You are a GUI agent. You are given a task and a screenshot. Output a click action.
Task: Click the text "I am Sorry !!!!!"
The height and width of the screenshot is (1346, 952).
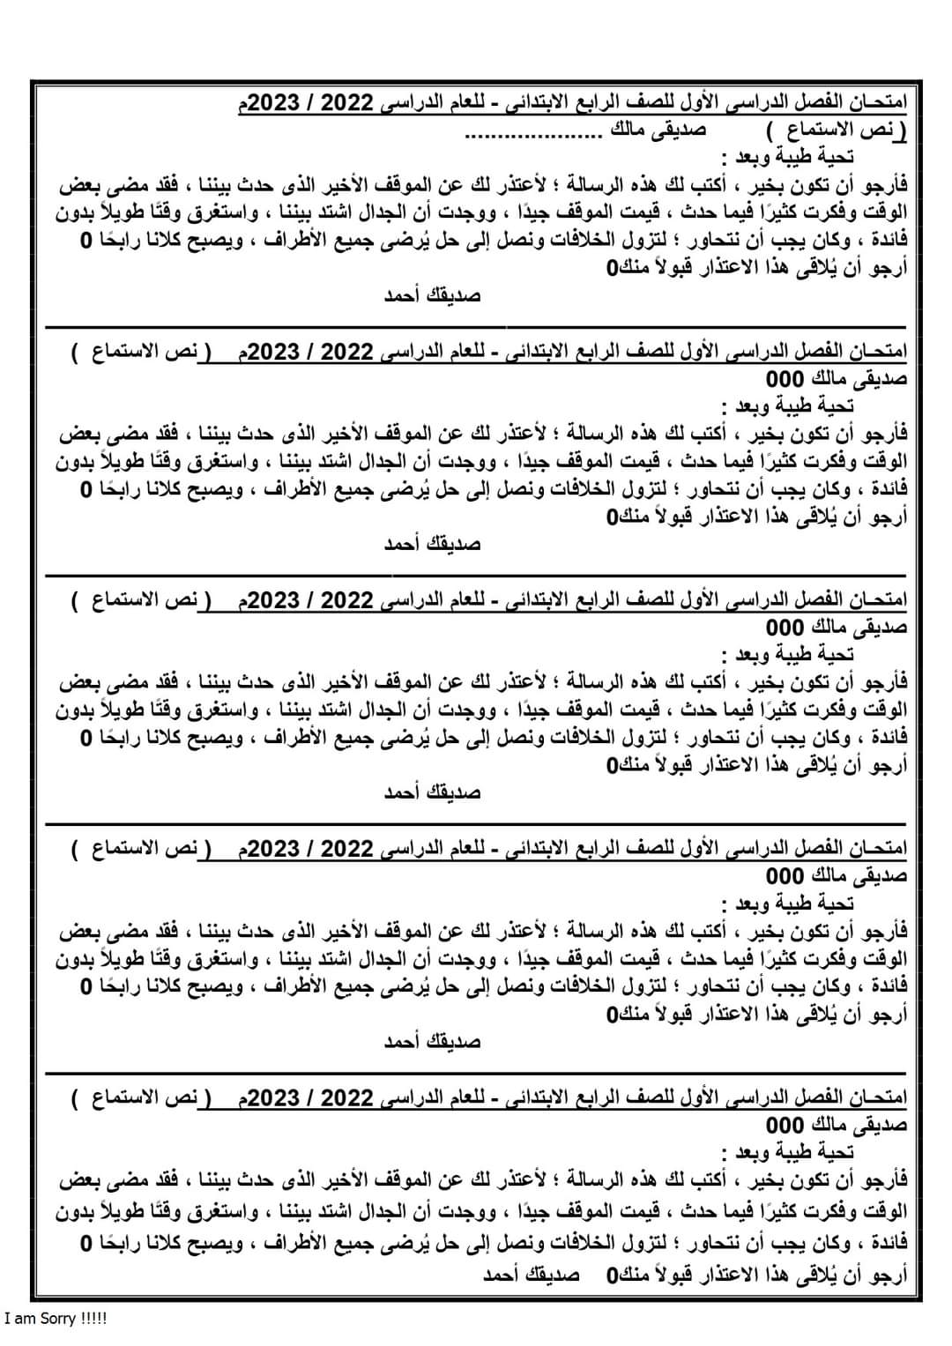[56, 1320]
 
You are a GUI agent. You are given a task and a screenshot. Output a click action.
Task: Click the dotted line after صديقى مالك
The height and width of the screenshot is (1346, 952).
[532, 133]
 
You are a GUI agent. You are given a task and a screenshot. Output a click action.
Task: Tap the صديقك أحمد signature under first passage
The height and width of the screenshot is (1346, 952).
[431, 295]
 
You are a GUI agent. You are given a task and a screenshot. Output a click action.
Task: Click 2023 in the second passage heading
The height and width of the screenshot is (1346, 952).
[275, 353]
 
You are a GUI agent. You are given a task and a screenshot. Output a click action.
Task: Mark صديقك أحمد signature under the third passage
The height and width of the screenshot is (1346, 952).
[431, 792]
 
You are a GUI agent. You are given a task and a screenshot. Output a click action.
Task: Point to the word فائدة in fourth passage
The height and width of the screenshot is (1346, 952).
[882, 985]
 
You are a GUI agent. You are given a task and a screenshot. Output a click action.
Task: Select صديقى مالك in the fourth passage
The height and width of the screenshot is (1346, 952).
[859, 876]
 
